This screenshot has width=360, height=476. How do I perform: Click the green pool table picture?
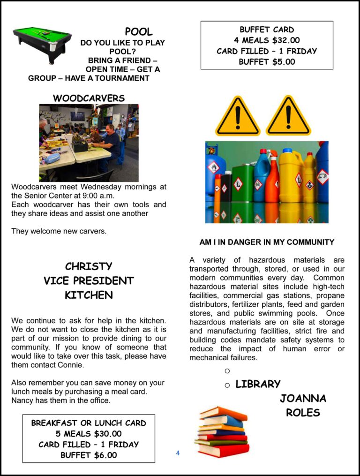pyautogui.click(x=42, y=44)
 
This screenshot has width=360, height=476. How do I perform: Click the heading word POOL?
pyautogui.click(x=139, y=32)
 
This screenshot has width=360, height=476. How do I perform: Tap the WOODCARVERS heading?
pyautogui.click(x=89, y=98)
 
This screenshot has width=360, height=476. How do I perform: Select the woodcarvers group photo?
pyautogui.click(x=89, y=143)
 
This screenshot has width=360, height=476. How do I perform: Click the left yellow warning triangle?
pyautogui.click(x=238, y=117)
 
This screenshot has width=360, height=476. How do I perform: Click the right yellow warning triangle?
pyautogui.click(x=288, y=117)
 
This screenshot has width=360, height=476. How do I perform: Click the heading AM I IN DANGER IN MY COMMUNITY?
pyautogui.click(x=267, y=242)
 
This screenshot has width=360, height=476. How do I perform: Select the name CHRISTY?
pyautogui.click(x=89, y=266)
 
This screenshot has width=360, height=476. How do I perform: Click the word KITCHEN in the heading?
pyautogui.click(x=89, y=295)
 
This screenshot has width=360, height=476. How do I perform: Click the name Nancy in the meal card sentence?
pyautogui.click(x=22, y=400)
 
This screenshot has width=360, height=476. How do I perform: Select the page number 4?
pyautogui.click(x=178, y=453)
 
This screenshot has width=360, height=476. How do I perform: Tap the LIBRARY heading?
pyautogui.click(x=258, y=384)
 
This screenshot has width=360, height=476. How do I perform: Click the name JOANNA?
pyautogui.click(x=303, y=399)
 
